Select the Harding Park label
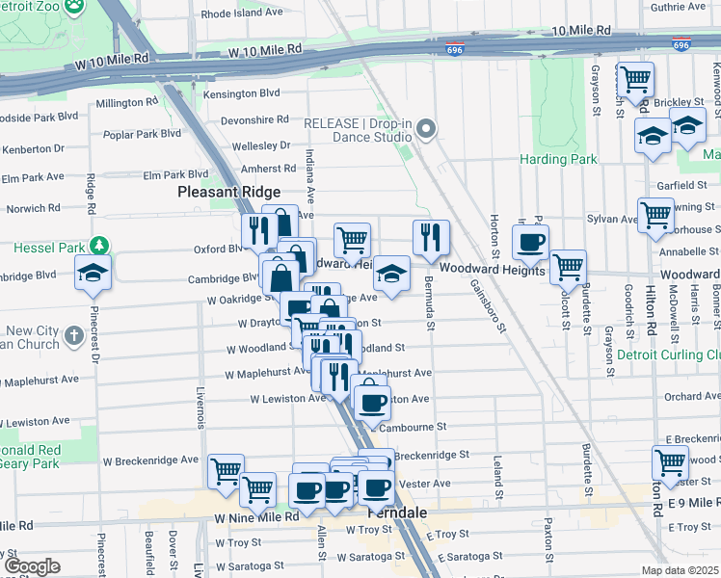tap(558, 159)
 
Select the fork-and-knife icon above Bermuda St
tap(430, 235)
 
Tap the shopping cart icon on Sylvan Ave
tap(655, 214)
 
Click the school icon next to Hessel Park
tap(93, 272)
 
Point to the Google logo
tap(32, 566)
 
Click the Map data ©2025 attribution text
tap(681, 570)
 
